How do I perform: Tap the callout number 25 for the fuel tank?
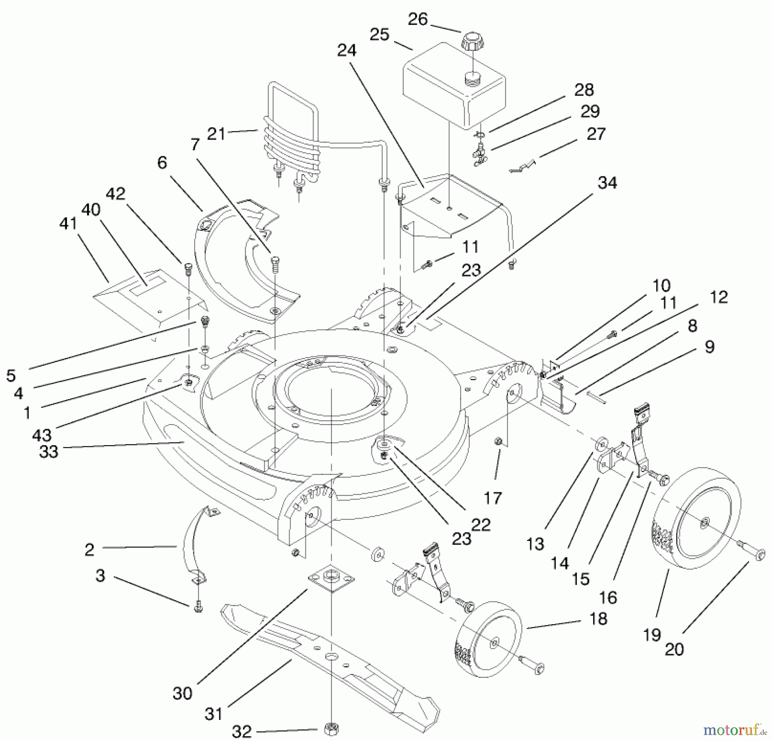tap(379, 35)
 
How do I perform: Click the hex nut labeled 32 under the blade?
tap(331, 728)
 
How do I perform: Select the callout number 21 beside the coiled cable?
tap(216, 134)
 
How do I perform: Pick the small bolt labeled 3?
tap(198, 608)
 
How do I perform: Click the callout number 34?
tap(607, 183)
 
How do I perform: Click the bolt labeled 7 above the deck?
tap(274, 261)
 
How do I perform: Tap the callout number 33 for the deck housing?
tap(48, 452)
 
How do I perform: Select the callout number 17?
tap(492, 498)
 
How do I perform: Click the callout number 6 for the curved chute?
tap(162, 163)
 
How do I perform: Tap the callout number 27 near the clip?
tap(596, 134)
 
